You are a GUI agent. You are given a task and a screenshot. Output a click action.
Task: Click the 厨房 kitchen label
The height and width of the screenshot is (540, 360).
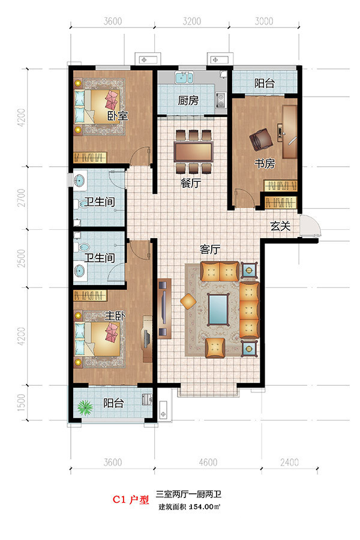pyautogui.click(x=188, y=101)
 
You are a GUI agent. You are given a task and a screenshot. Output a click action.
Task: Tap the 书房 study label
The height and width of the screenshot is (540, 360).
pyautogui.click(x=265, y=163)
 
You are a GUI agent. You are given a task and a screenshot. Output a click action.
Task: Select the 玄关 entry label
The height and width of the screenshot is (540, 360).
pyautogui.click(x=280, y=226)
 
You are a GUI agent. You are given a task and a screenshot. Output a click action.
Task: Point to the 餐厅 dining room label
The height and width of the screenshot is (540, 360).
pyautogui.click(x=191, y=183)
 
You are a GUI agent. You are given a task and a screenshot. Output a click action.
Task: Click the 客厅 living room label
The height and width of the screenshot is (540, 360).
pyautogui.click(x=210, y=249)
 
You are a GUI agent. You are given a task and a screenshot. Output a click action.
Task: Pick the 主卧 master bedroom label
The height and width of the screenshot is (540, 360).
pyautogui.click(x=115, y=316)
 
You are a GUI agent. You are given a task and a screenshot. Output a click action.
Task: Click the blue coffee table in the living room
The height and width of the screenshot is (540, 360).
pyautogui.click(x=218, y=309)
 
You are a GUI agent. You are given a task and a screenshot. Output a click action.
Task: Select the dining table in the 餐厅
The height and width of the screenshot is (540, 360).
pyautogui.click(x=193, y=152)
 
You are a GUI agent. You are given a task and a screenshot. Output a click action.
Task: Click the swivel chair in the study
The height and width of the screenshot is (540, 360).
pyautogui.click(x=261, y=139)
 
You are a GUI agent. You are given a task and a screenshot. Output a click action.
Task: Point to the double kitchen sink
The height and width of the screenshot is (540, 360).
pyautogui.click(x=184, y=77)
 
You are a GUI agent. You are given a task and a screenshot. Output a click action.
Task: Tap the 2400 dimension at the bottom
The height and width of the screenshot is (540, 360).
pyautogui.click(x=289, y=462)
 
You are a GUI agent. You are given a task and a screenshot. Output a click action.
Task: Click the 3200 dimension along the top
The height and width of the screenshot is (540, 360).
pyautogui.click(x=191, y=22)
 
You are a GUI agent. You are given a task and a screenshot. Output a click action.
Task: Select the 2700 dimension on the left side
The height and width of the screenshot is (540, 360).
pyautogui.click(x=22, y=197)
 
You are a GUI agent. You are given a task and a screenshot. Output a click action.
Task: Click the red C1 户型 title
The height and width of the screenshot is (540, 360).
pyautogui.click(x=131, y=500)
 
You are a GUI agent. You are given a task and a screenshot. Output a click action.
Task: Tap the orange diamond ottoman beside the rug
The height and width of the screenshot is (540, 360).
pyautogui.click(x=188, y=302)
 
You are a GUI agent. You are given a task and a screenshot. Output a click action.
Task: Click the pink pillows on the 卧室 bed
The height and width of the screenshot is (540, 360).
pyautogui.click(x=112, y=100)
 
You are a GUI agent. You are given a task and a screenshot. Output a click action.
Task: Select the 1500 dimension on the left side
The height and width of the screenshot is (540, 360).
pyautogui.click(x=22, y=403)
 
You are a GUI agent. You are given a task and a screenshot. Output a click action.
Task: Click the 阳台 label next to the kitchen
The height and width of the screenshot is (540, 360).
pyautogui.click(x=265, y=83)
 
